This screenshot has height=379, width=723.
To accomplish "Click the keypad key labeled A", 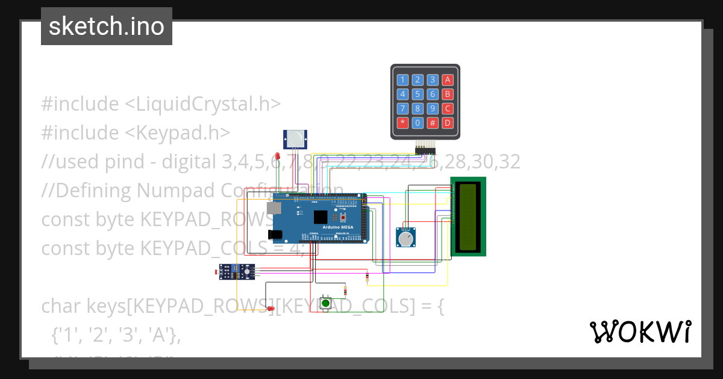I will click(x=447, y=79).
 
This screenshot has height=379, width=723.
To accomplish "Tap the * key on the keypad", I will click(x=402, y=123).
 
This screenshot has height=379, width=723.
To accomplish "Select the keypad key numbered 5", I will click(x=418, y=94).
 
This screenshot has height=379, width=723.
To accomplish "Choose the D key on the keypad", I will click(x=447, y=123).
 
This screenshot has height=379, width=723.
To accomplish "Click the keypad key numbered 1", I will click(x=402, y=79).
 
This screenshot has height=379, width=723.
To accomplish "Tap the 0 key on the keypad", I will click(x=418, y=123).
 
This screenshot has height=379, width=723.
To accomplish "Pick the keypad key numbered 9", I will click(x=432, y=109).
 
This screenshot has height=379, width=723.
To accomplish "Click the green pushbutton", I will click(x=326, y=303).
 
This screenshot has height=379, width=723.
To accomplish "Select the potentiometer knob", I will click(x=407, y=239).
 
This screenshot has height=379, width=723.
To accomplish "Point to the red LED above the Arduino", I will click(x=277, y=158).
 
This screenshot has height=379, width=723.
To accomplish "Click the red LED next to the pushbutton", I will click(x=271, y=309).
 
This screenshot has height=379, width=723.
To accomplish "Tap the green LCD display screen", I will click(x=469, y=217).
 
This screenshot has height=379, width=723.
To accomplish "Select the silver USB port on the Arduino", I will click(x=276, y=208).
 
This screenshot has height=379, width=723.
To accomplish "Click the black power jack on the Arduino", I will click(x=275, y=234).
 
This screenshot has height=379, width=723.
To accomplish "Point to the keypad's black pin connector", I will click(x=425, y=149).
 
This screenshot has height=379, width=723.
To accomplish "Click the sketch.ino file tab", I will click(x=107, y=26).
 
